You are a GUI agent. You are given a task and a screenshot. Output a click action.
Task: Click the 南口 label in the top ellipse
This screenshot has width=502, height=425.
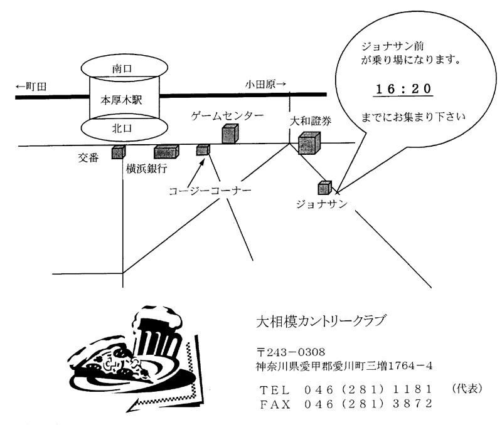tap(122, 69)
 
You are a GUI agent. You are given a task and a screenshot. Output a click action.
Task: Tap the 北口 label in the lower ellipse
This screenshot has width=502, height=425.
tap(122, 129)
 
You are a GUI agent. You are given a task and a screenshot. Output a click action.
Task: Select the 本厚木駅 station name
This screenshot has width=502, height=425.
tap(121, 100)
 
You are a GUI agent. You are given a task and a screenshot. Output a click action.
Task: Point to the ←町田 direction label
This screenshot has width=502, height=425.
tap(31, 87)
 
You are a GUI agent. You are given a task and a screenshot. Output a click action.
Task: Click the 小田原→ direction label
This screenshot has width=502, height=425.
tap(265, 84)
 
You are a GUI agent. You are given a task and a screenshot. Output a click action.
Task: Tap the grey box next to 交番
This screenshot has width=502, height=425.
tap(118, 152)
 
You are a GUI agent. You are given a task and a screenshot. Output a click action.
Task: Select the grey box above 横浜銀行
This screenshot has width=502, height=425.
tap(166, 152)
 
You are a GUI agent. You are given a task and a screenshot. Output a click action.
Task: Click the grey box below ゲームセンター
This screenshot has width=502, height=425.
tap(230, 134)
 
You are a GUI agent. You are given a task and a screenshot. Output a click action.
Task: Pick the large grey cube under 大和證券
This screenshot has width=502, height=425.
tap(309, 144)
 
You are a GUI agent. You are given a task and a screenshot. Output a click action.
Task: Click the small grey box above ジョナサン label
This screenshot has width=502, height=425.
tap(324, 187)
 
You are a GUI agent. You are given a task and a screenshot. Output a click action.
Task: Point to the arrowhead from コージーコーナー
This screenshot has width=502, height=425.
tap(202, 160)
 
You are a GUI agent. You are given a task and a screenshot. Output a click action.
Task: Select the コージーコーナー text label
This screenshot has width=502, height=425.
tap(210, 191)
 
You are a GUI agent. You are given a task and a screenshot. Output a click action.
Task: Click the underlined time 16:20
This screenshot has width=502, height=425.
tap(403, 89)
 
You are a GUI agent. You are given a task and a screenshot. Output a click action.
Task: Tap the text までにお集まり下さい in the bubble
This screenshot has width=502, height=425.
tap(413, 117)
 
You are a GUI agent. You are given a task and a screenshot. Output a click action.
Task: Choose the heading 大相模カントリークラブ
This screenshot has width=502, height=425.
tap(320, 321)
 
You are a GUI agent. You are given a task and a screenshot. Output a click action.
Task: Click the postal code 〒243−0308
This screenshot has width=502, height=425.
tap(291, 352)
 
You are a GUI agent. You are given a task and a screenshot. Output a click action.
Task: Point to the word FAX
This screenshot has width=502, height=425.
tap(275, 404)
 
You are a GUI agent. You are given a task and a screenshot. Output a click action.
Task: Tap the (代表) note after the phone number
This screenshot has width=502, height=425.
tap(467, 389)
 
